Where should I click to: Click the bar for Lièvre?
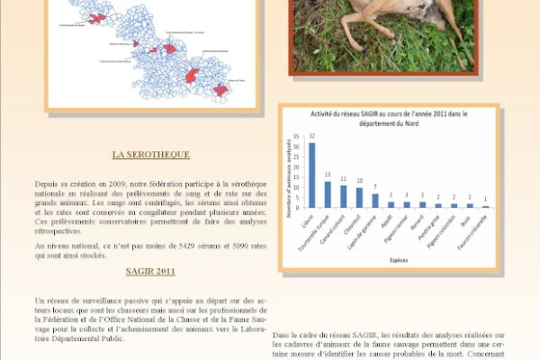312,175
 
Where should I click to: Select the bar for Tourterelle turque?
328,194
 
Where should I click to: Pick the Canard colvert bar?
344,196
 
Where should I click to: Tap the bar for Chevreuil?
359,197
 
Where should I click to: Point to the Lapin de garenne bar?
375,200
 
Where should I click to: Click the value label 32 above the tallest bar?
311,138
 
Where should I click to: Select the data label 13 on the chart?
328,175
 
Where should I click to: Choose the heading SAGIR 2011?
150,270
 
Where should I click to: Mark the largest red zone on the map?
192,76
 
